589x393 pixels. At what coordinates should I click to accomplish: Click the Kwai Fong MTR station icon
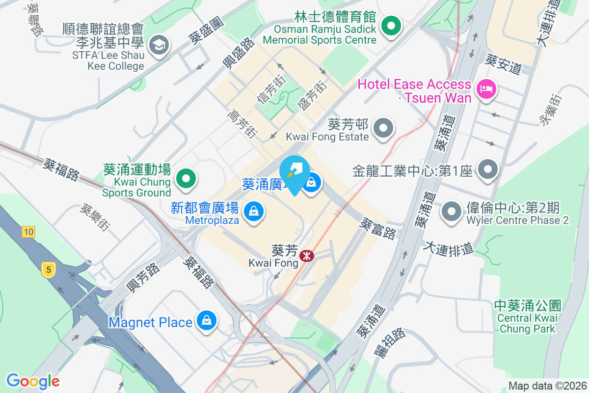[x=307, y=256]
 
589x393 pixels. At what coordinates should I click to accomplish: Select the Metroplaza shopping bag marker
[x=253, y=212]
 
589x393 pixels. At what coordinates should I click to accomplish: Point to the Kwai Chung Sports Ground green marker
[x=187, y=177]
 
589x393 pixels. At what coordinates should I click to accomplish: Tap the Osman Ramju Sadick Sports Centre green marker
[x=391, y=25]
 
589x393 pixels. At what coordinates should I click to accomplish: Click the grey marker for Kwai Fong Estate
[x=383, y=129]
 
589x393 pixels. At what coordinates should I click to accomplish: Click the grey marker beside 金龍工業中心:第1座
[x=487, y=170]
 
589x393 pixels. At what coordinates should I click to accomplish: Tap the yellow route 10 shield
[x=28, y=231]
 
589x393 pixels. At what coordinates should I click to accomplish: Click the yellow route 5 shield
[x=48, y=269]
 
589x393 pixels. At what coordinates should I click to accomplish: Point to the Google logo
[x=33, y=381]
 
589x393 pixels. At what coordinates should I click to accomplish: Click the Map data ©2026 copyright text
[x=547, y=386]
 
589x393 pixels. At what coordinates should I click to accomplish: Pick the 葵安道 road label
[x=503, y=64]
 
